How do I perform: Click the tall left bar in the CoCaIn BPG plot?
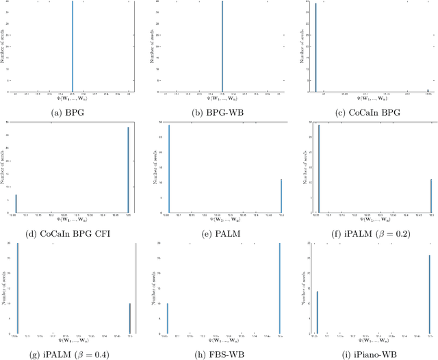tap(315, 48)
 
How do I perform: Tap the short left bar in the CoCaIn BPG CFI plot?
tap(16, 204)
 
